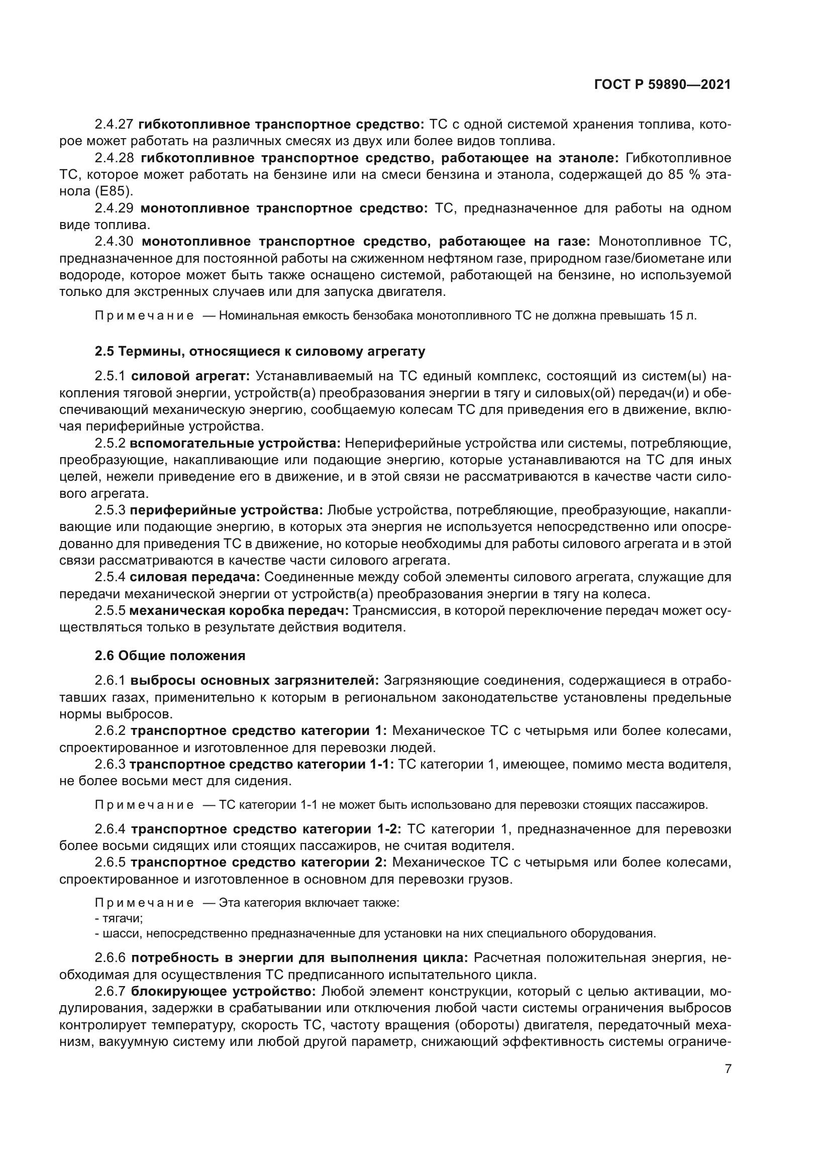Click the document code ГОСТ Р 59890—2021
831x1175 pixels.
click(x=662, y=85)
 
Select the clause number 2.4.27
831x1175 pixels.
click(x=114, y=125)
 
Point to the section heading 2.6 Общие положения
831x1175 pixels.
click(x=170, y=656)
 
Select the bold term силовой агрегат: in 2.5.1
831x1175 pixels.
click(x=190, y=376)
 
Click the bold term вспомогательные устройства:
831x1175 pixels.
click(x=235, y=443)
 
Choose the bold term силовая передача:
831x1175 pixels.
click(x=195, y=577)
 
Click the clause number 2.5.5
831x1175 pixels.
click(x=110, y=610)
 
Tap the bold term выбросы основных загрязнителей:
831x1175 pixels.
click(x=254, y=681)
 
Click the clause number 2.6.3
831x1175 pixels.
click(x=110, y=765)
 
